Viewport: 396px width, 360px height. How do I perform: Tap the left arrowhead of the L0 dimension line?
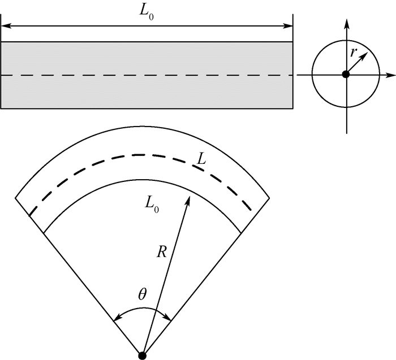click(6, 26)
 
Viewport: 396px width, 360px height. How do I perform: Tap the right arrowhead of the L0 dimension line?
click(287, 26)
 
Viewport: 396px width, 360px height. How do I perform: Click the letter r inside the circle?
click(354, 52)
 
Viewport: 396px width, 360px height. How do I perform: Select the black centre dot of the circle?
click(346, 75)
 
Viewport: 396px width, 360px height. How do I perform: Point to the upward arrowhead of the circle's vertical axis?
click(347, 23)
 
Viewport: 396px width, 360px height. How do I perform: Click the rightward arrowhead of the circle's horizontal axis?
click(390, 75)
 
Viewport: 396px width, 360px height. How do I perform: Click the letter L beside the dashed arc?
click(201, 158)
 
